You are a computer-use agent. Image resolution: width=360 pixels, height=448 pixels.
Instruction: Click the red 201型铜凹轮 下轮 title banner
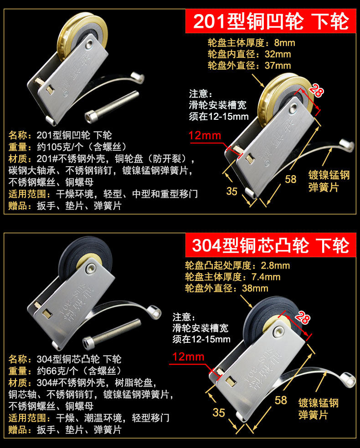(x=271, y=21)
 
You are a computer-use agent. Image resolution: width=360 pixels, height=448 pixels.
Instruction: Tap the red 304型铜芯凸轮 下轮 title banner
(x=271, y=245)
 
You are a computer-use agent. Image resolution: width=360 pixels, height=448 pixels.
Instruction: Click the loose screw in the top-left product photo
(x=112, y=107)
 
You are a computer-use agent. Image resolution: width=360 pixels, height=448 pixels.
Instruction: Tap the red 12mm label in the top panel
(x=205, y=135)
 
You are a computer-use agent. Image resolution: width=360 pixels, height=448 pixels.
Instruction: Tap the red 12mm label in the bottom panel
(x=189, y=357)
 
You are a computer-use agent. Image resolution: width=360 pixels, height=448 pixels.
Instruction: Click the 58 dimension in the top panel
(x=291, y=179)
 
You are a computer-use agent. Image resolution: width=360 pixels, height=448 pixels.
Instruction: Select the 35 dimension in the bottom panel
(x=219, y=412)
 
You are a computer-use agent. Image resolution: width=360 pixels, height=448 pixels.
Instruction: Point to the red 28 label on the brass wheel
(x=317, y=91)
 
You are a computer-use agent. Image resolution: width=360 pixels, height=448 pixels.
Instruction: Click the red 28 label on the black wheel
(x=303, y=317)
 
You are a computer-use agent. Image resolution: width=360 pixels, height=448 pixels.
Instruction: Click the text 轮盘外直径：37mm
(x=249, y=66)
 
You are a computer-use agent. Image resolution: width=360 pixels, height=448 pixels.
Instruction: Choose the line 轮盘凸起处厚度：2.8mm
(x=237, y=265)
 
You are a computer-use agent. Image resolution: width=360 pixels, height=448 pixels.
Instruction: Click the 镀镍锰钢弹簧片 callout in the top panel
(x=329, y=181)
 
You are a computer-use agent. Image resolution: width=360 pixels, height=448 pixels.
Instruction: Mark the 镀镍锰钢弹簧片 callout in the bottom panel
(x=319, y=408)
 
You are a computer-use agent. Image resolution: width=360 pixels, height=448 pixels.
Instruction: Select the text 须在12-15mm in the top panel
(x=219, y=117)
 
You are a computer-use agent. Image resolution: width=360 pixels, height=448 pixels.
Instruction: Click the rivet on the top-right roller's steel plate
(x=293, y=108)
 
